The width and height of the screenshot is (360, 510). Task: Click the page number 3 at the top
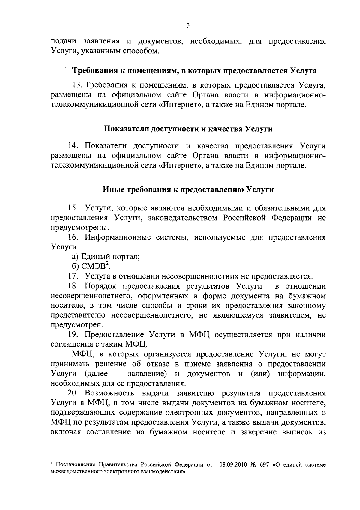coord(188,26)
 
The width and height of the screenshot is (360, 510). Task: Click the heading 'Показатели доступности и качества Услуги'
coord(188,129)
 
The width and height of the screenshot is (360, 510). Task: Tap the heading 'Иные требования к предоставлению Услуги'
coord(188,190)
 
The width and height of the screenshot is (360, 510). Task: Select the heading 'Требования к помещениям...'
coord(195,71)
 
